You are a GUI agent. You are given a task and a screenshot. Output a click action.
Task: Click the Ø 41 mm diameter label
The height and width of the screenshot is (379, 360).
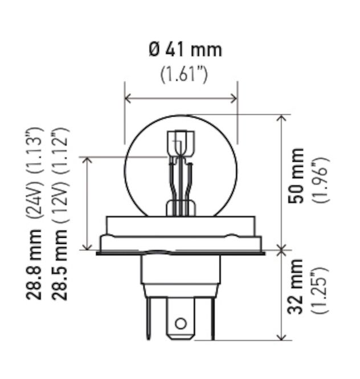[x=185, y=50]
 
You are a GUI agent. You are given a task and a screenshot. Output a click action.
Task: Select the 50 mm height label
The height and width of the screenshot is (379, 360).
[x=296, y=176]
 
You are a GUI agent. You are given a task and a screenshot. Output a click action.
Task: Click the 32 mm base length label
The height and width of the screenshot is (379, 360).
[x=296, y=286]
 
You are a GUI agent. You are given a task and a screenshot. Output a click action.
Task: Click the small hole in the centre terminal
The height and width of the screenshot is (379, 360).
[x=181, y=324]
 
